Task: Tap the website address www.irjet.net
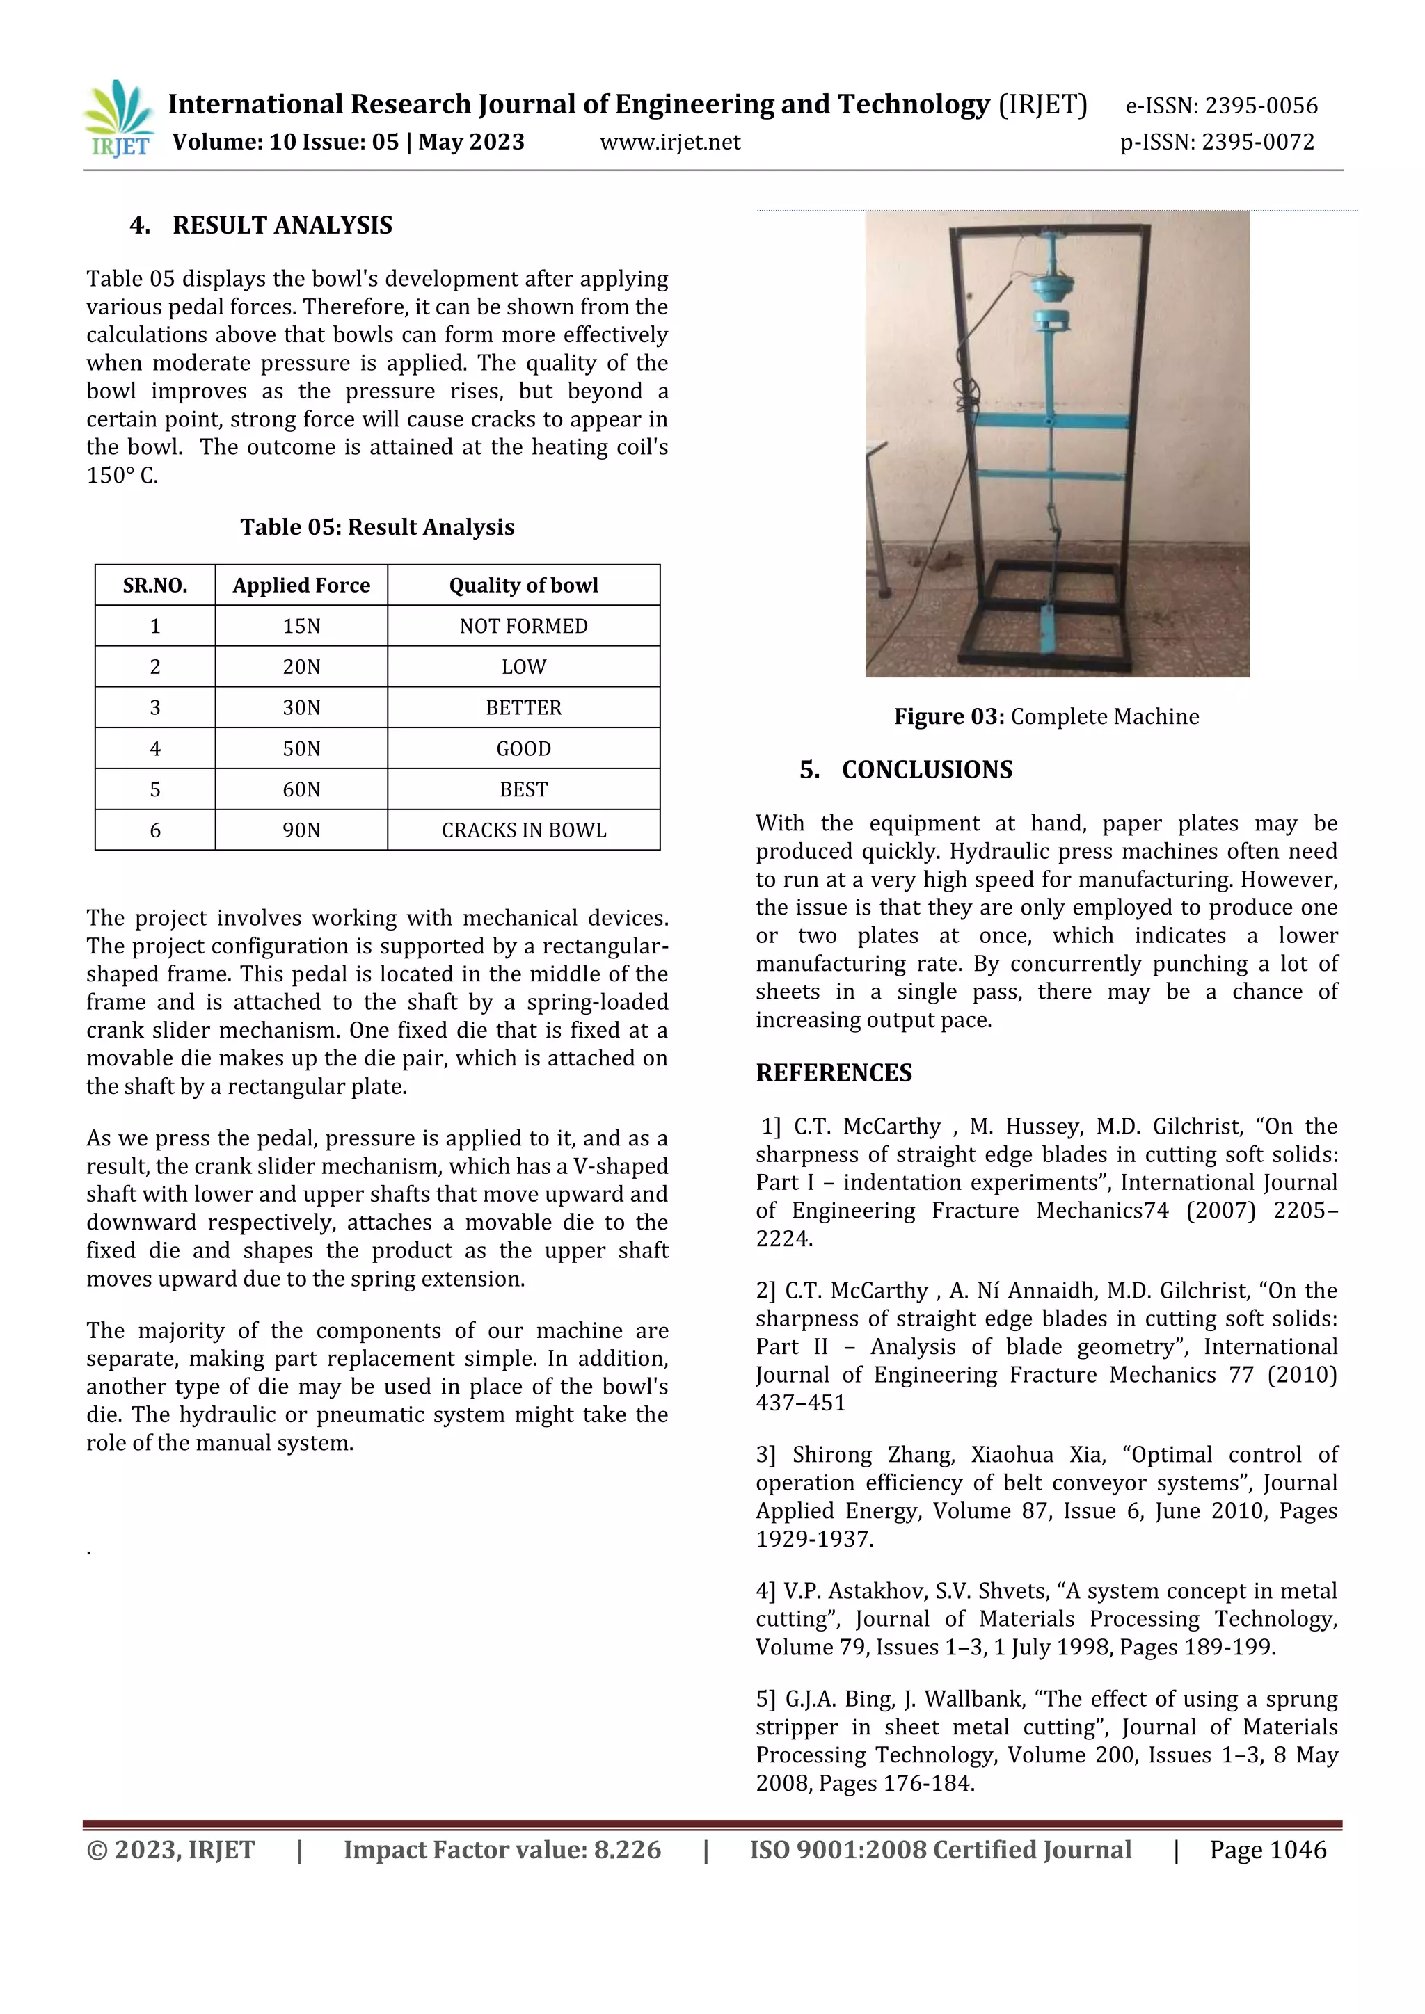(669, 142)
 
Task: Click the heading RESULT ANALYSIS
(282, 225)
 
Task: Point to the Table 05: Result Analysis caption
(377, 527)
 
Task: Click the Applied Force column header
(301, 585)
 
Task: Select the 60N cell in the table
(301, 789)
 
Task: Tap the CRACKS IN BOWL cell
(523, 830)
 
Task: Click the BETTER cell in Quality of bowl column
(523, 708)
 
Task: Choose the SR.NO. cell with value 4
(155, 748)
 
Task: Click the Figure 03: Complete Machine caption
(1046, 717)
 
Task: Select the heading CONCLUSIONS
(927, 770)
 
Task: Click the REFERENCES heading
(834, 1073)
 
